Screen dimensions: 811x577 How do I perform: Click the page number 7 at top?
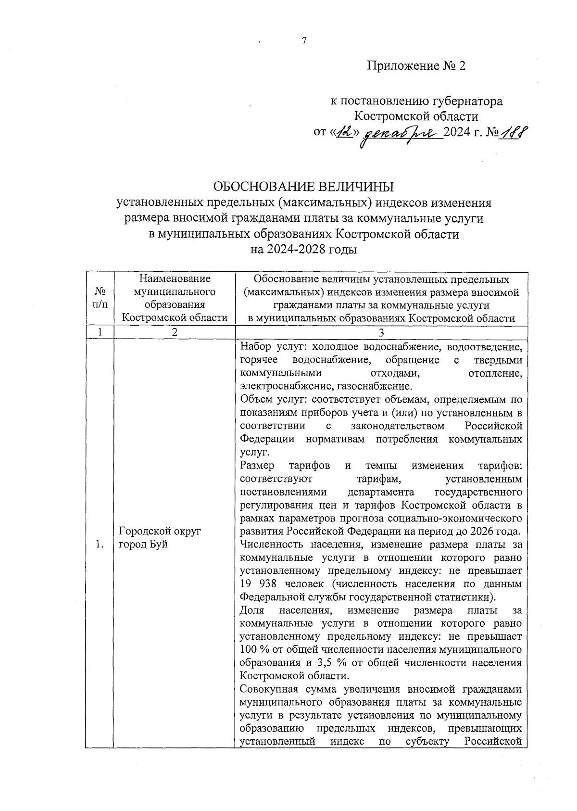click(304, 41)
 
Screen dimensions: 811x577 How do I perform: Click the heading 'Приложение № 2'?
click(416, 66)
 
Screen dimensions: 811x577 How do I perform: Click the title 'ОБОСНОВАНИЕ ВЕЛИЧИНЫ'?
click(303, 186)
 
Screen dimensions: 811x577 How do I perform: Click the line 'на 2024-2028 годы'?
click(303, 250)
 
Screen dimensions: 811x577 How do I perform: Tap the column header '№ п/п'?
click(100, 298)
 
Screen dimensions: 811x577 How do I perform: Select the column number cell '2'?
click(174, 332)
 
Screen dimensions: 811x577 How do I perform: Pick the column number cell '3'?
click(381, 332)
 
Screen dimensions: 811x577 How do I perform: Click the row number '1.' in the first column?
click(100, 545)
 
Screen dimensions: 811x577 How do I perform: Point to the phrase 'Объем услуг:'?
click(272, 399)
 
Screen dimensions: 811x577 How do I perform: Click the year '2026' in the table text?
click(481, 532)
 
